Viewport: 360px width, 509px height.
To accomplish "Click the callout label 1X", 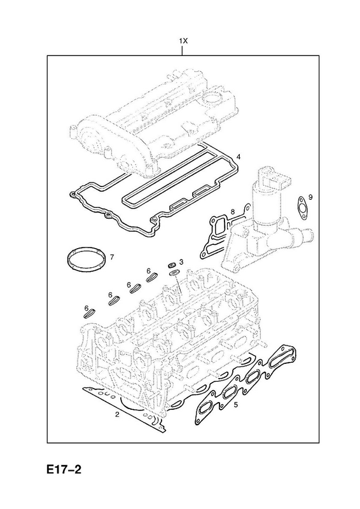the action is [x=183, y=41].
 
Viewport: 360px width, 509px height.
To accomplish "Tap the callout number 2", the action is [x=117, y=414].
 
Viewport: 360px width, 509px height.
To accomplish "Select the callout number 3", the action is [x=181, y=261].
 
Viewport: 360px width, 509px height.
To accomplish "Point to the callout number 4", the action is [x=239, y=157].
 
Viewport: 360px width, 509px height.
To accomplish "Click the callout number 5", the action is [x=236, y=405].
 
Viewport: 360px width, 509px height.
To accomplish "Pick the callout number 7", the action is [x=112, y=258].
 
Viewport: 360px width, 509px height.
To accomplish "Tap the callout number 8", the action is [x=232, y=213].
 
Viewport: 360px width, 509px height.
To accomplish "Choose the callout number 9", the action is [x=310, y=197].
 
